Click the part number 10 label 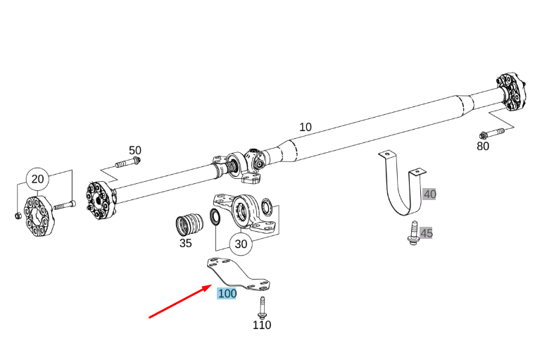tap(306, 127)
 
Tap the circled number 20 tap(37, 179)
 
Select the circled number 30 tap(241, 244)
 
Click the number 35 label tap(186, 243)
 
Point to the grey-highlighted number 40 tap(429, 194)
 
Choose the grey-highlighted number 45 tap(427, 233)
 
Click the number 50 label tap(135, 150)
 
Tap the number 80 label tap(483, 146)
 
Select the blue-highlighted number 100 tap(227, 294)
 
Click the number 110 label tap(262, 325)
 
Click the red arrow tap(180, 302)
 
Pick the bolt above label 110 tap(262, 308)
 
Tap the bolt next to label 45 tap(413, 232)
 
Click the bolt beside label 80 tap(492, 133)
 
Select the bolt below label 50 tap(128, 163)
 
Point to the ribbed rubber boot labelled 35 tap(189, 225)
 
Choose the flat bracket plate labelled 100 tap(239, 273)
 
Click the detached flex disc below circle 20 tap(38, 216)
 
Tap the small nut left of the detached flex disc tap(18, 216)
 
